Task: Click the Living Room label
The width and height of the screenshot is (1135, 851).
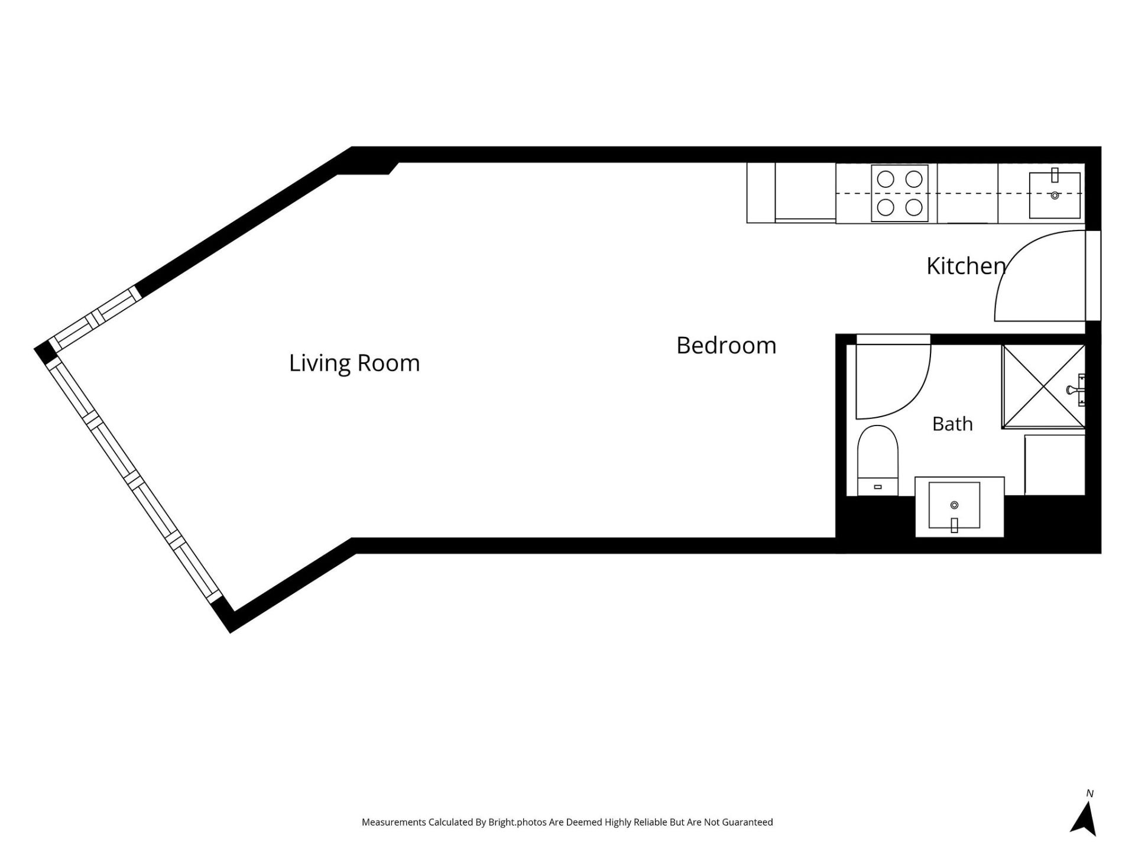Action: [x=354, y=363]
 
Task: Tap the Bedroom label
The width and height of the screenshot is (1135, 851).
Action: [x=726, y=345]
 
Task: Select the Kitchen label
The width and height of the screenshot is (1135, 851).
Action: [x=966, y=266]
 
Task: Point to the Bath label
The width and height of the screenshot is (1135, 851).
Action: [x=952, y=424]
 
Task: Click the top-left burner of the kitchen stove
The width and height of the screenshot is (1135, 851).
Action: [x=886, y=179]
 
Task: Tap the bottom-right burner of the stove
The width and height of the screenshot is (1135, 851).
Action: [x=914, y=207]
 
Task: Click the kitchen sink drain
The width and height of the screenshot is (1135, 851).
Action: [x=1055, y=196]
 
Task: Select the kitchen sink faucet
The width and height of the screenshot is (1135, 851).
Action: [x=1055, y=175]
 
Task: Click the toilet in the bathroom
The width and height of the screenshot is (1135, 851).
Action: [x=878, y=460]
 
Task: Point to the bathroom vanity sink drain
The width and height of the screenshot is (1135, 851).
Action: [x=954, y=505]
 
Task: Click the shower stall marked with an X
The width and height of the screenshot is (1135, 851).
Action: [x=1043, y=386]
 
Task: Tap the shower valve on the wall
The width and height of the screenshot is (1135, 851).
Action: [x=1077, y=390]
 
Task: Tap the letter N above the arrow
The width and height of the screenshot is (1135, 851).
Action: [x=1089, y=794]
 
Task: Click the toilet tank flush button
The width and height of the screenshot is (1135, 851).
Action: [x=878, y=487]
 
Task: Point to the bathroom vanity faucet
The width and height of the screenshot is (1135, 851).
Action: [x=954, y=525]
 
